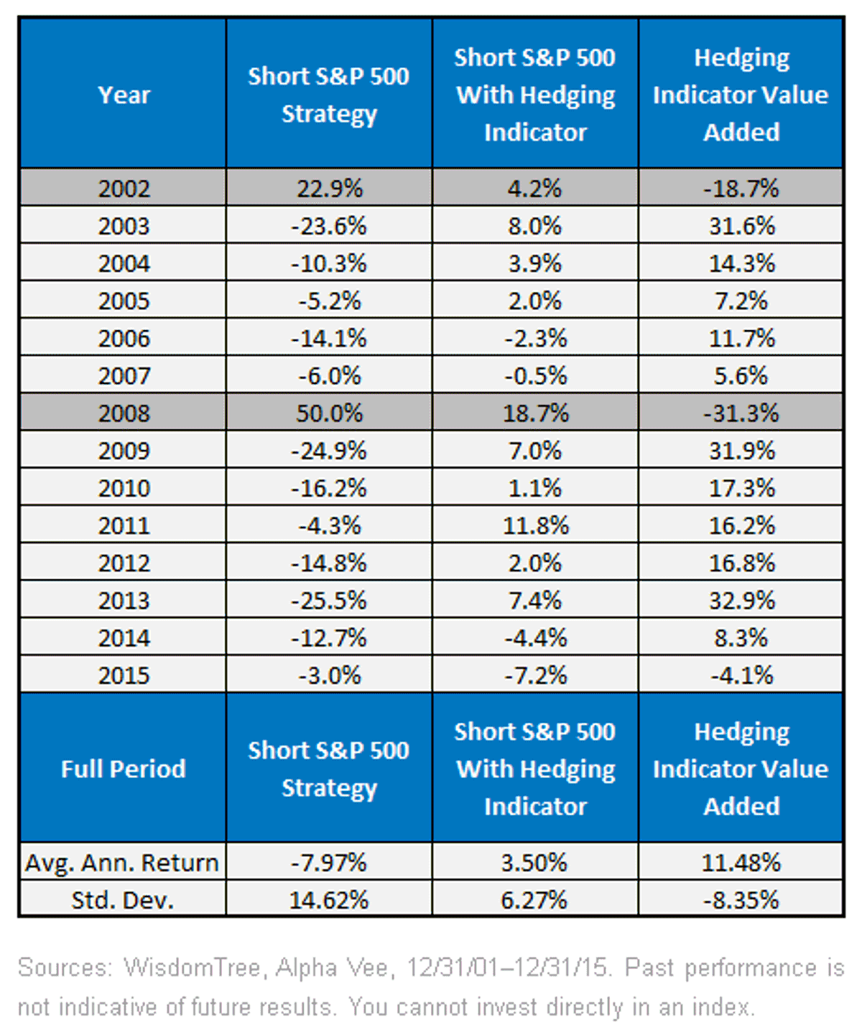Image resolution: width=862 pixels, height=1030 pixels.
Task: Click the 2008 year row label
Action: (x=124, y=413)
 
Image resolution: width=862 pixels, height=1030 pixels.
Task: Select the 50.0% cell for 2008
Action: (x=329, y=413)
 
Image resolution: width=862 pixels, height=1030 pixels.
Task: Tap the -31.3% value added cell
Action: (x=741, y=413)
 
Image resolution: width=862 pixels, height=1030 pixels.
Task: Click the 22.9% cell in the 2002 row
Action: (x=329, y=188)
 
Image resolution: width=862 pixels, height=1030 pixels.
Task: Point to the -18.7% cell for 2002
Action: (x=741, y=188)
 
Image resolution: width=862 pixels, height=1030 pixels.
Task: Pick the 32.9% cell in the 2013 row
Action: (x=741, y=600)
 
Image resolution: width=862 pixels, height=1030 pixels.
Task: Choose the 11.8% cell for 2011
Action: (x=536, y=525)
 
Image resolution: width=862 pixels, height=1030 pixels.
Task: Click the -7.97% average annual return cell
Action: (x=329, y=863)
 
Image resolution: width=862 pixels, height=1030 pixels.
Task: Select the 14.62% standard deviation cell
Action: (x=329, y=900)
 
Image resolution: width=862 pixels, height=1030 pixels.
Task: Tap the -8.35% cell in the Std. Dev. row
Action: (x=741, y=900)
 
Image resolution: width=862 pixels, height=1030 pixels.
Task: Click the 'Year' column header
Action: (x=124, y=94)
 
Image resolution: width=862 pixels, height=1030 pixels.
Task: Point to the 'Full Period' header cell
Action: (x=124, y=768)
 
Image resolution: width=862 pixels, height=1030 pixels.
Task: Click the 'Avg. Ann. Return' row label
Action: (x=122, y=863)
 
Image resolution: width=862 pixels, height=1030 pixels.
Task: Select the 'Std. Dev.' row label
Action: (x=124, y=900)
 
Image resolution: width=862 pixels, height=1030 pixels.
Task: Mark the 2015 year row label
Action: (x=124, y=675)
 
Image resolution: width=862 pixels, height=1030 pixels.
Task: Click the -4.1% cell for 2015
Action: (x=741, y=675)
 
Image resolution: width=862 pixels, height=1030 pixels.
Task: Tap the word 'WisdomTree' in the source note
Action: (x=192, y=968)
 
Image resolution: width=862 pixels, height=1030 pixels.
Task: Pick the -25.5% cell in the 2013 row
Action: (x=329, y=600)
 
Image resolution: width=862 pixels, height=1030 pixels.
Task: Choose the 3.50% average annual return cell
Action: (x=536, y=863)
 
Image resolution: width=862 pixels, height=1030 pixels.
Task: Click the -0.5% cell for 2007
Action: (x=536, y=375)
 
